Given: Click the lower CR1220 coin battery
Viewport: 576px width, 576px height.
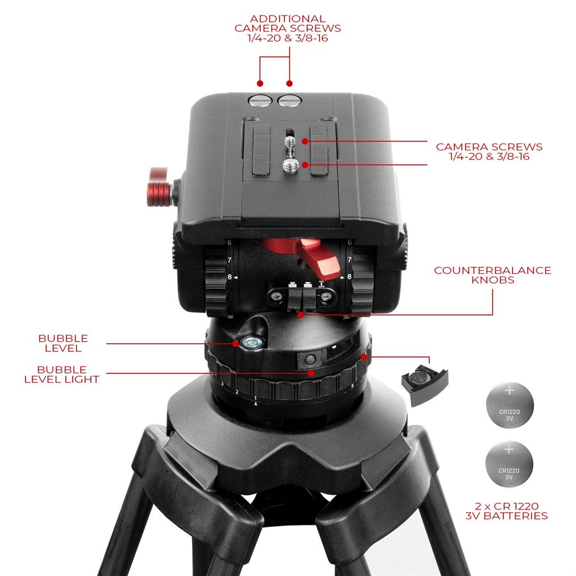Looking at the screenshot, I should tap(509, 466).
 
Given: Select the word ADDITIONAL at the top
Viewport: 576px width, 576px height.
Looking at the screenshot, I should tap(287, 19).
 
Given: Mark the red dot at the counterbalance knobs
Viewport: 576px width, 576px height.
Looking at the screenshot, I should tap(300, 314).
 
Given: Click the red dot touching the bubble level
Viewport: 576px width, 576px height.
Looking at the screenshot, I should tap(236, 344).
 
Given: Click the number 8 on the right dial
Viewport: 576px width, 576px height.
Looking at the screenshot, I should tap(349, 277).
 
